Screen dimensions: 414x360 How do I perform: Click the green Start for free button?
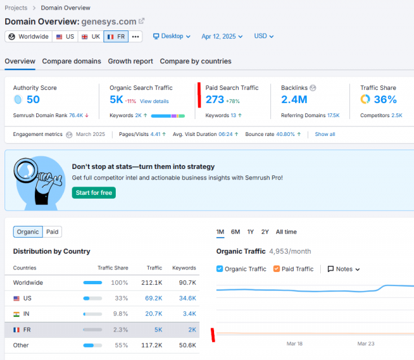coord(94,193)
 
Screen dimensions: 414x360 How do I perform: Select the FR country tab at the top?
coord(116,36)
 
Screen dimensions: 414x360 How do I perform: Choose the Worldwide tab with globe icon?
coord(28,36)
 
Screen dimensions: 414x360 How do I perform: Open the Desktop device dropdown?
coord(171,36)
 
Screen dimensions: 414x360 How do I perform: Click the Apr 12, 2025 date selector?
coord(222,36)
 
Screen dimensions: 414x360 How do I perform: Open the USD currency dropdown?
coord(264,36)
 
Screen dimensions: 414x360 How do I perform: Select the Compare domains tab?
coord(72,62)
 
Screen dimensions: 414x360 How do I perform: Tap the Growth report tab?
coord(131,62)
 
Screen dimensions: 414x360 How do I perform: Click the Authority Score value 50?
coord(33,100)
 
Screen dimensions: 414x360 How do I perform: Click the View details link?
coord(154,101)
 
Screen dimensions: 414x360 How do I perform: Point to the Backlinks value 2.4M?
coord(294,100)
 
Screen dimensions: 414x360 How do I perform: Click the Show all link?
coord(325,134)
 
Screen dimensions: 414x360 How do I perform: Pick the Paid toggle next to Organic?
coord(52,232)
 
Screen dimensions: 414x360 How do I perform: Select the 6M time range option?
coord(235,232)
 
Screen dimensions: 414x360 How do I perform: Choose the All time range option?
coord(286,232)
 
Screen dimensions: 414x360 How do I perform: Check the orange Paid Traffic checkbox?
coord(276,269)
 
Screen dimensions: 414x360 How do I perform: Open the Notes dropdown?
coord(343,269)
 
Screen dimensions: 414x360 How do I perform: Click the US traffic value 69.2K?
coord(154,298)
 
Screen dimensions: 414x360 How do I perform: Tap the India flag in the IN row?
coord(16,314)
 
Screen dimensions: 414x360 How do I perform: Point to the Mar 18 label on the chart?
coord(294,344)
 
